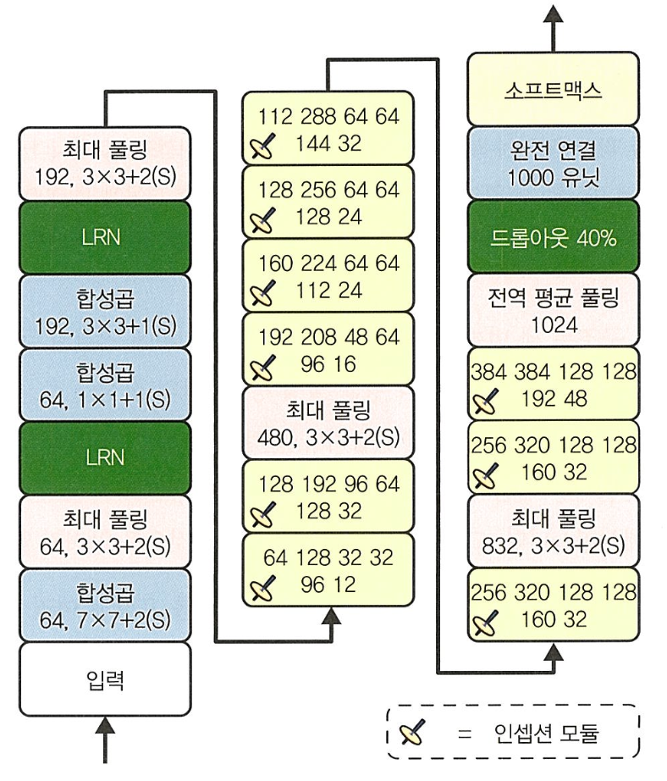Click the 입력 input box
(105, 679)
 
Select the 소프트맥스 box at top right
(553, 89)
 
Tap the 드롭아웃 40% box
(553, 237)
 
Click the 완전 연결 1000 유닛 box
(553, 163)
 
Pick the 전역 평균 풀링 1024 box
(553, 310)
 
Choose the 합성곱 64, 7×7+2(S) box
(105, 606)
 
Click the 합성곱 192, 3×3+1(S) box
(105, 312)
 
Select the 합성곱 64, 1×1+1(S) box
(105, 385)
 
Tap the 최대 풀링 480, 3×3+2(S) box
(328, 423)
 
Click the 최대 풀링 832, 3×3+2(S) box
(553, 531)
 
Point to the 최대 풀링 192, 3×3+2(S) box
(105, 163)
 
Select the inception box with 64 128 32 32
(328, 570)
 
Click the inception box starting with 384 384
(553, 384)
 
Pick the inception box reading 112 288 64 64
(328, 128)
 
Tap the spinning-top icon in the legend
(412, 732)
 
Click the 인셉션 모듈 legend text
(546, 733)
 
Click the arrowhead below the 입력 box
(105, 725)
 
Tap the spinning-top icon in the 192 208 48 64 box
(262, 367)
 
